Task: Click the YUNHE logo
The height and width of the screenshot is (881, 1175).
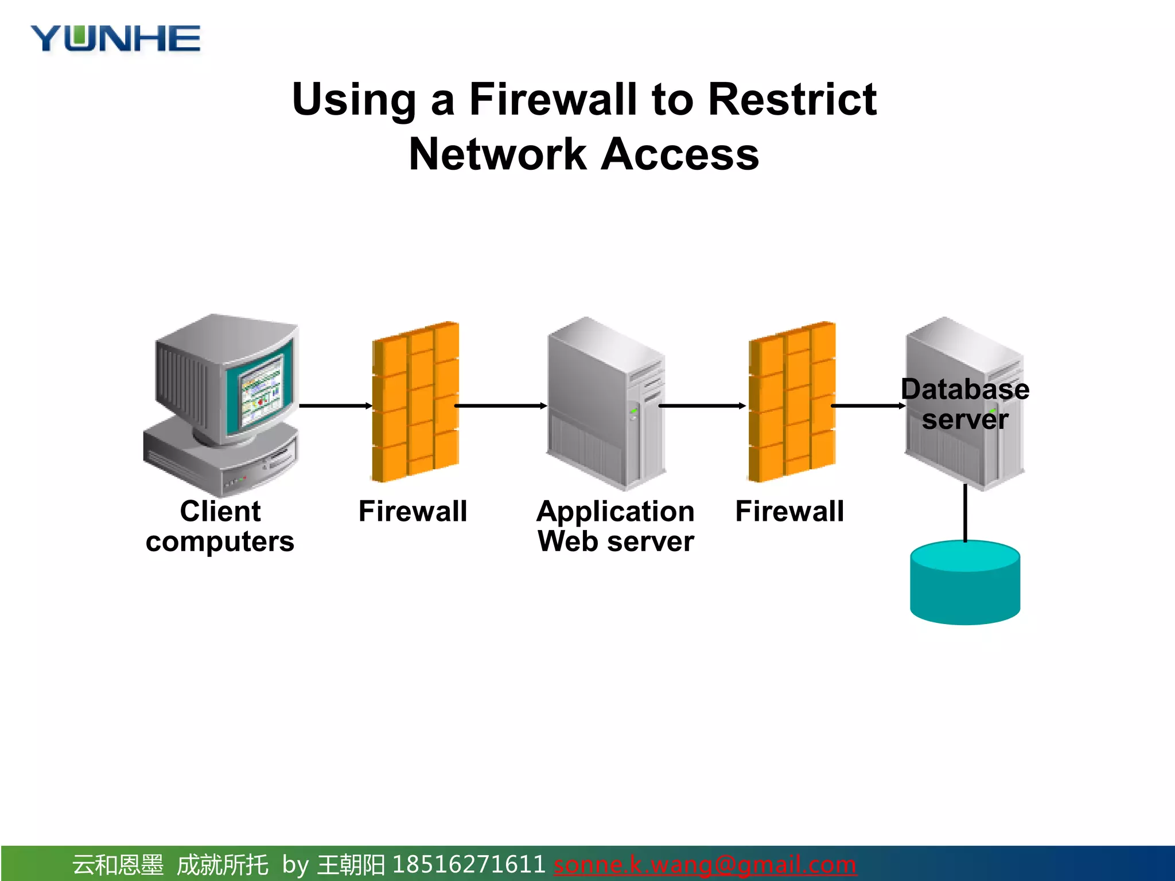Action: [x=115, y=39]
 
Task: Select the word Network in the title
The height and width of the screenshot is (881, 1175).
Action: [x=497, y=154]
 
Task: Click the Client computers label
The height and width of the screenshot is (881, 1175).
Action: [x=220, y=526]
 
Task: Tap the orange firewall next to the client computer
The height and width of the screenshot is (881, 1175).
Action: [x=415, y=401]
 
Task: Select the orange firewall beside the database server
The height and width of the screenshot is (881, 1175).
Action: [x=792, y=401]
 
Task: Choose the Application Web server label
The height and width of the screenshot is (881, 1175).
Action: [x=616, y=526]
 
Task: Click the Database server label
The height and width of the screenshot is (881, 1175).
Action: [x=965, y=404]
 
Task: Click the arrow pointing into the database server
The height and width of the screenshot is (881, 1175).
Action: [x=867, y=406]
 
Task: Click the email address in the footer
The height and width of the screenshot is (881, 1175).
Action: [x=705, y=864]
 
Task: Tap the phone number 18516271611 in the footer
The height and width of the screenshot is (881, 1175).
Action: [x=468, y=864]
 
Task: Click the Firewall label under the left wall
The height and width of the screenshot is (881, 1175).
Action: [x=413, y=511]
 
